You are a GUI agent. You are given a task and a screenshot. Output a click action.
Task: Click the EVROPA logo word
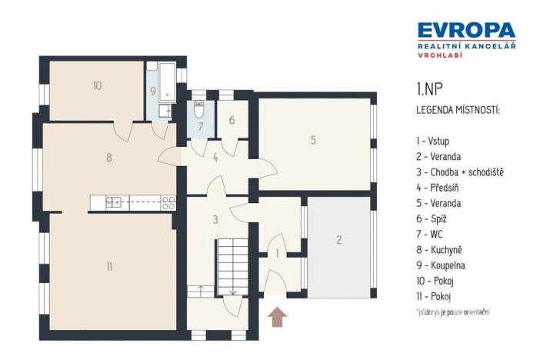[466, 31]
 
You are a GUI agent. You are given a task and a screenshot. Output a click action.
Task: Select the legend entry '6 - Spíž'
[432, 218]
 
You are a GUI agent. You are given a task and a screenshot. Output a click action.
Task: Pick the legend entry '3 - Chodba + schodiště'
[458, 172]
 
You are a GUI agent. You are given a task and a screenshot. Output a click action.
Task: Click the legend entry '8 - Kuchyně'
[438, 250]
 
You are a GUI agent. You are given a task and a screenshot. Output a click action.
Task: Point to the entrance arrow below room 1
[277, 316]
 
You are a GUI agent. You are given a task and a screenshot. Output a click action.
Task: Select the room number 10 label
[96, 86]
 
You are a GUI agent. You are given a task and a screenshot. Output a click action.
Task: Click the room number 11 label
[109, 266]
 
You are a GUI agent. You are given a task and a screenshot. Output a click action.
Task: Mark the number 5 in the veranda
[313, 140]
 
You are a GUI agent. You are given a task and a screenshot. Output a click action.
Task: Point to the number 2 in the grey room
[338, 240]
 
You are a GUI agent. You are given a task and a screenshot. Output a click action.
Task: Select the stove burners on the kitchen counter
[168, 203]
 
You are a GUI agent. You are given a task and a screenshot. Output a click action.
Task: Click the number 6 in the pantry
[231, 121]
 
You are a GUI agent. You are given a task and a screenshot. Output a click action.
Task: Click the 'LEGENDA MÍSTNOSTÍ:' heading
[457, 111]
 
